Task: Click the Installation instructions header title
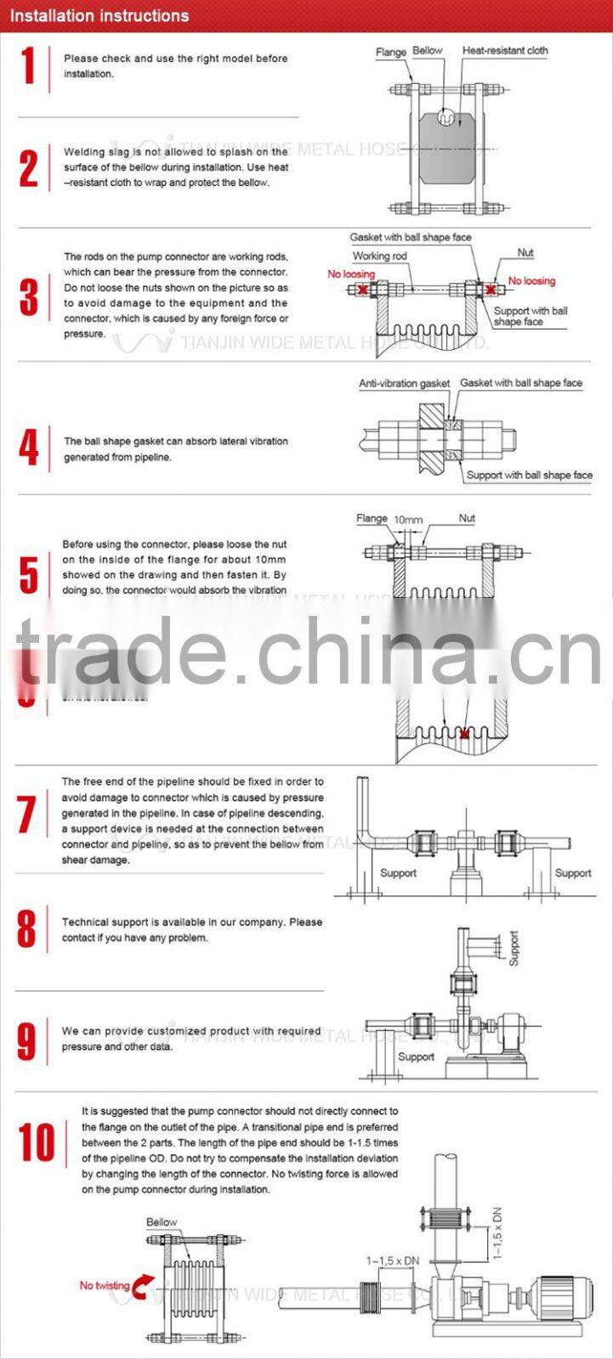pos(99,15)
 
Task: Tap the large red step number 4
pos(29,448)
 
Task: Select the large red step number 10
pos(37,1142)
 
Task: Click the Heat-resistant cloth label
pos(505,51)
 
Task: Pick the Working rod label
pos(380,256)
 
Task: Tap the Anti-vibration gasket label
pos(404,384)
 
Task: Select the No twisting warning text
pos(105,1286)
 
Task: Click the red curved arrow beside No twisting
pos(144,1284)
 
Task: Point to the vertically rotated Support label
pos(514,948)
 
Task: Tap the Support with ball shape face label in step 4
pos(529,476)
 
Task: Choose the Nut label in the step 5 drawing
pos(467,518)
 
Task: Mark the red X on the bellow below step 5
pos(463,734)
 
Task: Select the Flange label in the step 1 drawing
pos(390,53)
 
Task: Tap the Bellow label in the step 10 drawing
pos(162,1222)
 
